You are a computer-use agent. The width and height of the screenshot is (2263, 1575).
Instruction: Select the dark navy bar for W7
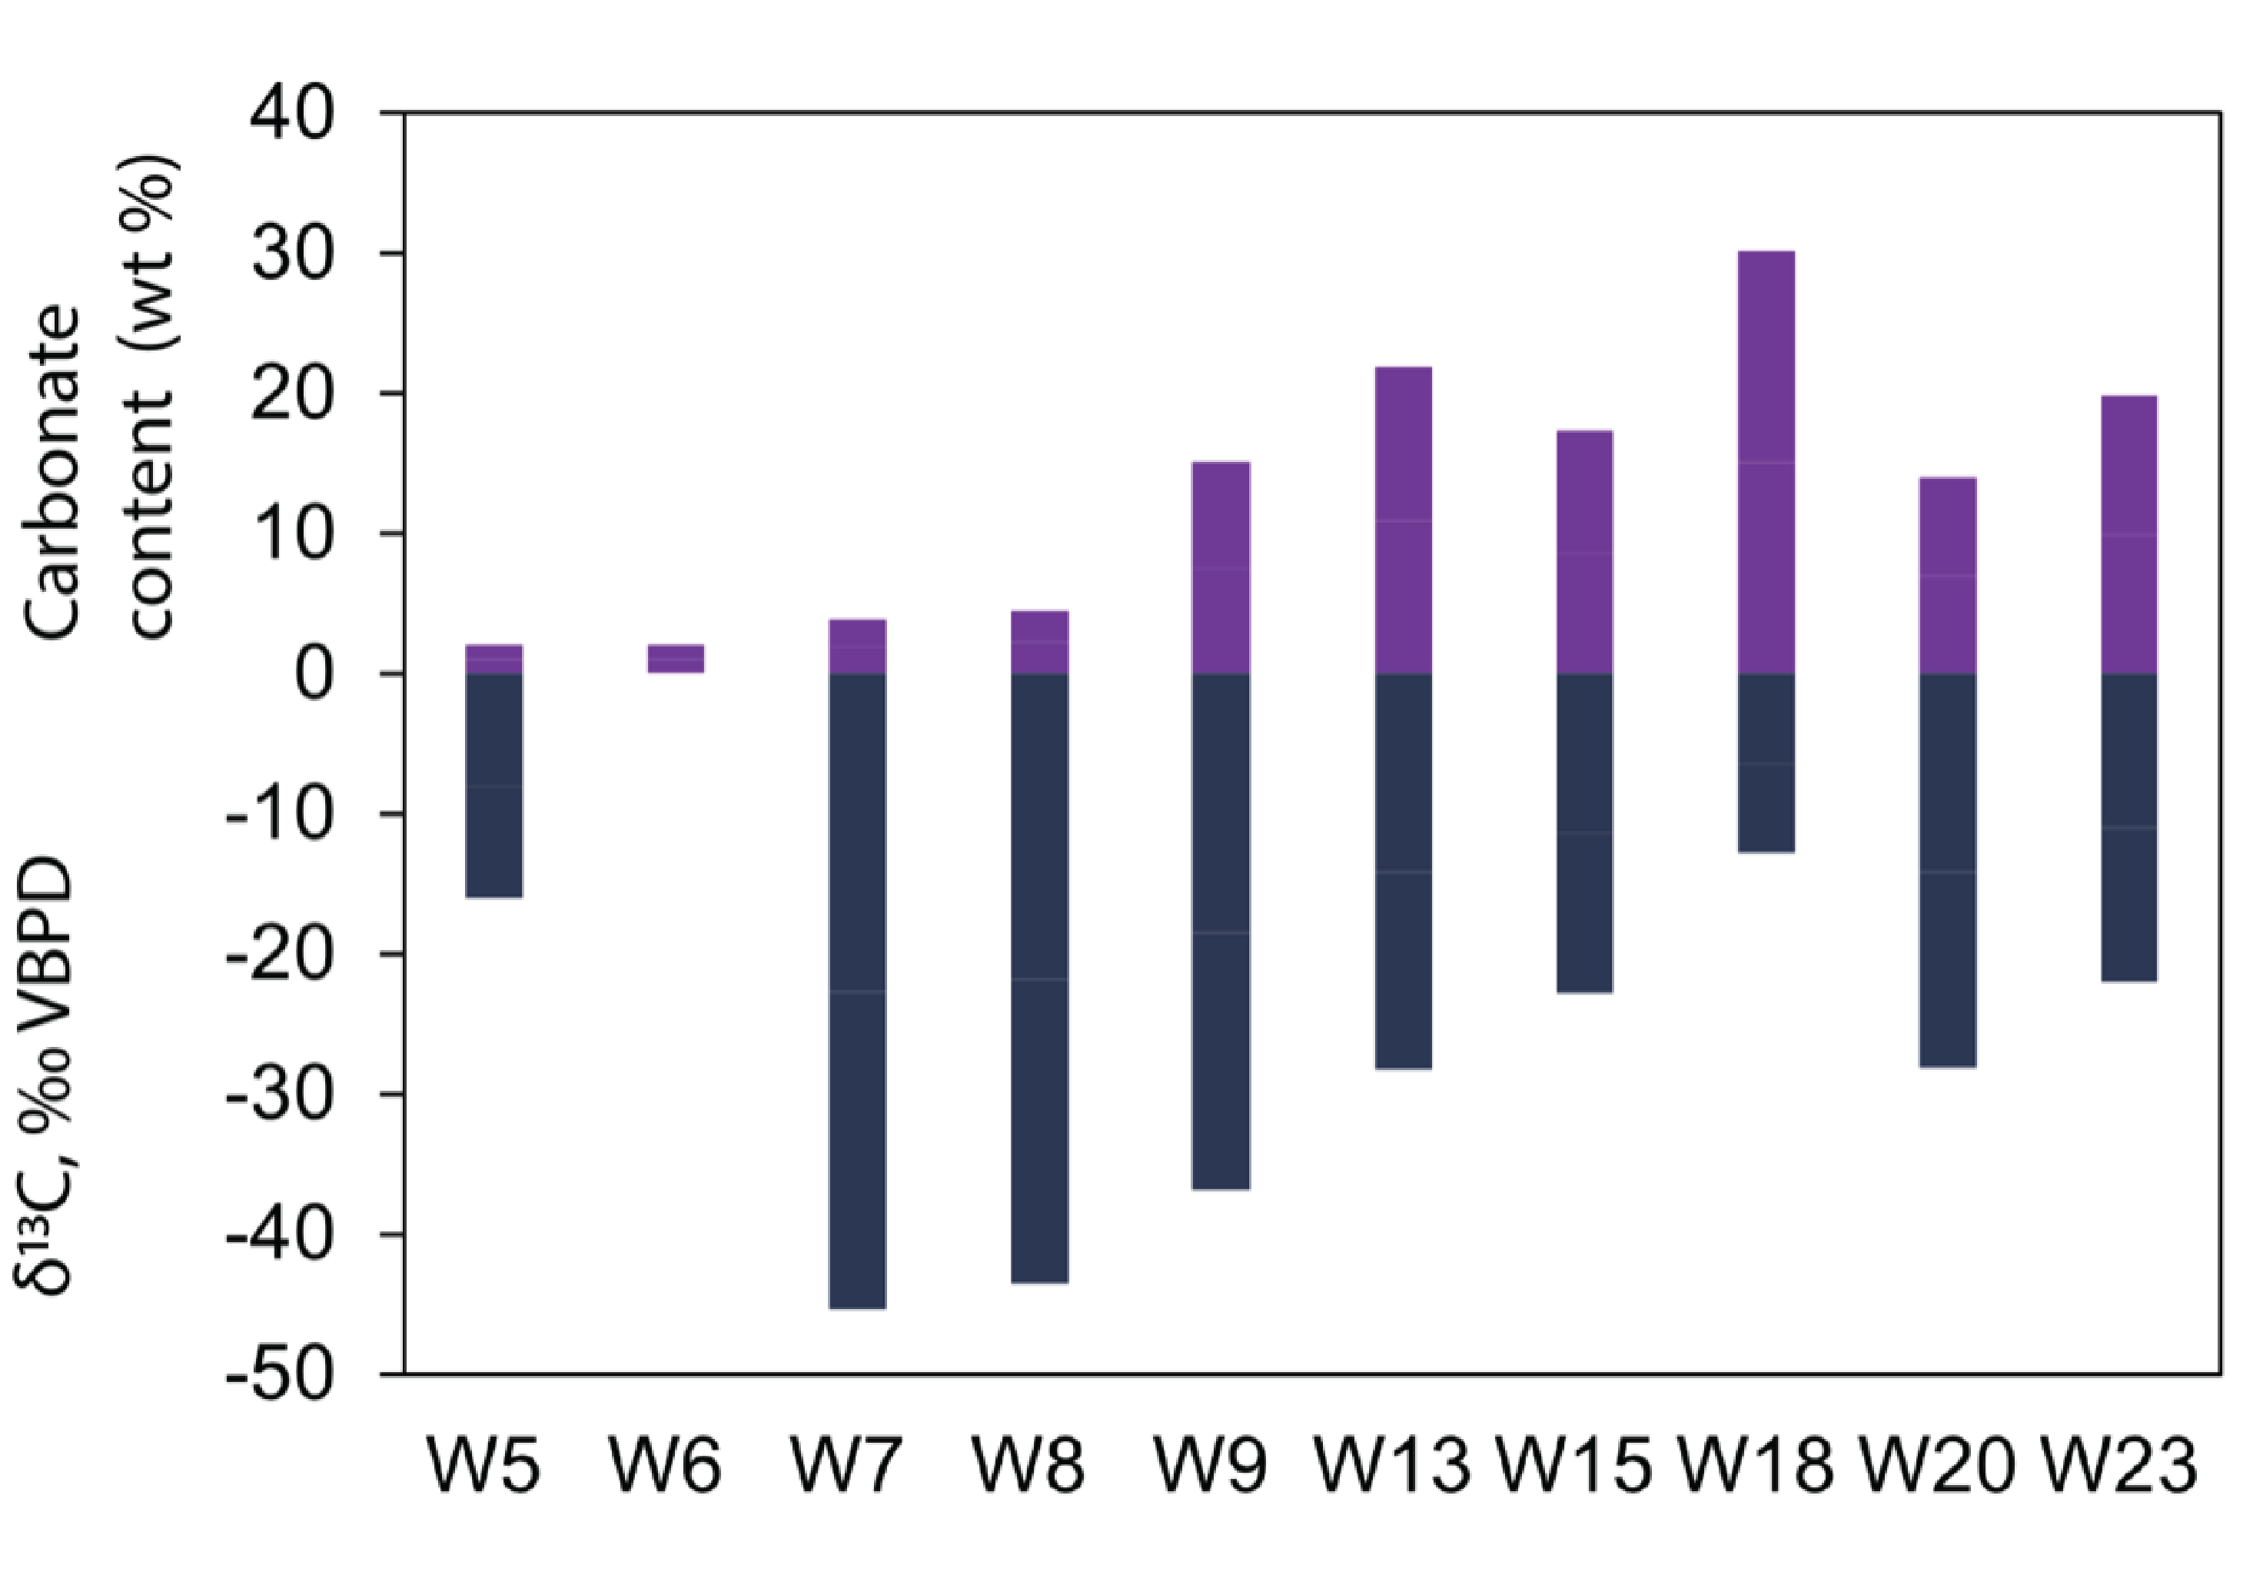click(x=858, y=991)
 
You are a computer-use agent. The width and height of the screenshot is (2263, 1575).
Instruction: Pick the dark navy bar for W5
click(x=493, y=785)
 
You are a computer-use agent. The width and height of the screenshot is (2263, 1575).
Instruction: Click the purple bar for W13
click(x=1403, y=520)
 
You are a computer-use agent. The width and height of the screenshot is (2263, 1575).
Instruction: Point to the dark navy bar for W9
click(x=1221, y=932)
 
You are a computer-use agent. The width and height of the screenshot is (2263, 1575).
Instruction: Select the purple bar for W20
click(x=1948, y=575)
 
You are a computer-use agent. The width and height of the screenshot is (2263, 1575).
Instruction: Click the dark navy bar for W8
click(x=1040, y=978)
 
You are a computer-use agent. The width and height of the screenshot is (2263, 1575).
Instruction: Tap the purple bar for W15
click(x=1584, y=552)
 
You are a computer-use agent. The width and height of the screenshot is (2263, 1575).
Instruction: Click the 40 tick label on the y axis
click(x=293, y=115)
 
